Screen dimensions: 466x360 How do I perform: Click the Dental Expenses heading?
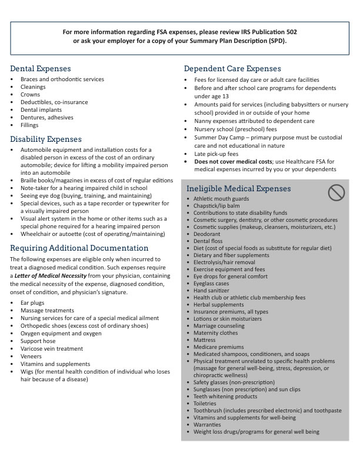(41, 69)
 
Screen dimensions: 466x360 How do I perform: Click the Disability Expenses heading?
(46, 139)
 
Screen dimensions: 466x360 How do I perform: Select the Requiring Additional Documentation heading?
(79, 248)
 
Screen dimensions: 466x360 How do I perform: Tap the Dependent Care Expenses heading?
(232, 69)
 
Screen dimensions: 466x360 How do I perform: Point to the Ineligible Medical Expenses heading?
(238, 189)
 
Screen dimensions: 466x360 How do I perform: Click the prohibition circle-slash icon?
(336, 191)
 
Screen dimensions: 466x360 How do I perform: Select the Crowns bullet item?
(30, 94)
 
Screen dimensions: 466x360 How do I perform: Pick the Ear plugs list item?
(33, 302)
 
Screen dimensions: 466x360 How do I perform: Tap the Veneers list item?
(32, 356)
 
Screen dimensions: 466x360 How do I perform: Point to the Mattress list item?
(205, 340)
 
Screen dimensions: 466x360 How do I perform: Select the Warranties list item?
(208, 424)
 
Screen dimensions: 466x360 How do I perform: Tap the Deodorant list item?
(208, 234)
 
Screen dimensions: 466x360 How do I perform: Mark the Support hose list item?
(38, 341)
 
